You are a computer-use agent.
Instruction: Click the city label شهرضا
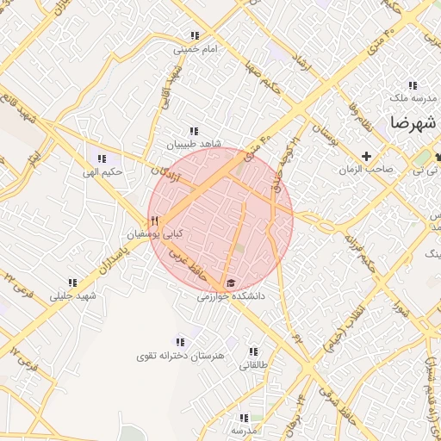(413, 121)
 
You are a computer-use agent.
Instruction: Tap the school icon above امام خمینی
(195, 36)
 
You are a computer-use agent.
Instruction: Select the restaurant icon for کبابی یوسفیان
(154, 220)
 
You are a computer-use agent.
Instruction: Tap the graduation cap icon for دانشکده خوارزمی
(231, 283)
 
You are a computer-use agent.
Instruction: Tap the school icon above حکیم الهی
(102, 158)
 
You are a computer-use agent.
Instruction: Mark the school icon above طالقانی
(253, 351)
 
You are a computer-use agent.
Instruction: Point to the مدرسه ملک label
(413, 98)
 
